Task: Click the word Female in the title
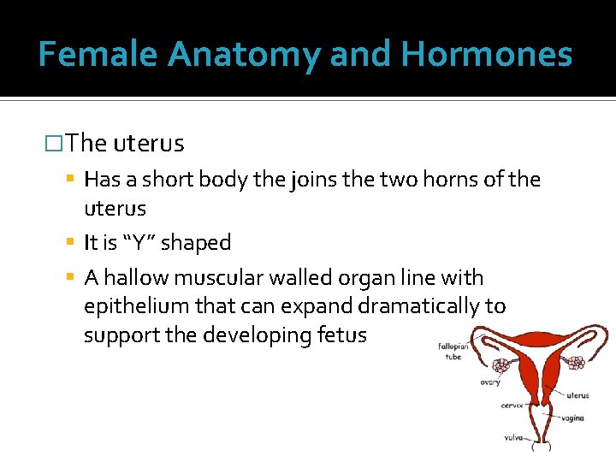(x=98, y=54)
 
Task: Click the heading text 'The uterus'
(x=124, y=143)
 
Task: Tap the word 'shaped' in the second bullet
(x=196, y=243)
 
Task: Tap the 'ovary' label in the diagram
(x=490, y=382)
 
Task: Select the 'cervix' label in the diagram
(x=512, y=406)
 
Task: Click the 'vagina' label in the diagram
(x=572, y=418)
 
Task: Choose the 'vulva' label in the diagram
(x=513, y=436)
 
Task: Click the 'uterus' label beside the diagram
(x=577, y=395)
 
